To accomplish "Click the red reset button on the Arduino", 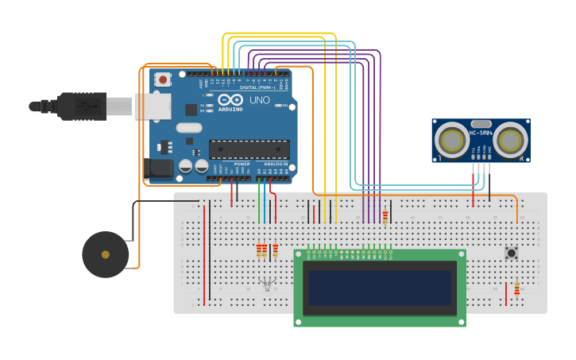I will coord(163,79).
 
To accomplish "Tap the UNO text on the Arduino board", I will coord(260,101).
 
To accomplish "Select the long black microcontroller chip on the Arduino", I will coord(249,149).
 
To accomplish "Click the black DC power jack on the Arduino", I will coord(159,168).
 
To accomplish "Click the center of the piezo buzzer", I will coord(105,254).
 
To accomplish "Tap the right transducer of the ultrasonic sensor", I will coord(509,141).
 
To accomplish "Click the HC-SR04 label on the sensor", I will coord(481,133).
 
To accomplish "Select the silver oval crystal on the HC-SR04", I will coord(481,124).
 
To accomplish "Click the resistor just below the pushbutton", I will coord(516,288).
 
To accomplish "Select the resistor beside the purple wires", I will coord(385,217).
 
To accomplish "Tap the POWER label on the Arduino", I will coord(242,164).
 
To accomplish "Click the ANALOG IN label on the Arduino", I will coord(275,164).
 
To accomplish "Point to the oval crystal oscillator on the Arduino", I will coord(189,127).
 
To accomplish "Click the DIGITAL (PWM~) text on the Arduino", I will coord(253,87).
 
